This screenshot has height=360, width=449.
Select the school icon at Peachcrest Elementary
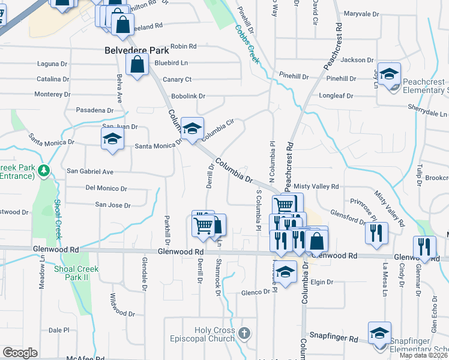[389, 75]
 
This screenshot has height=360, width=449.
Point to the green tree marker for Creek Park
[43, 171]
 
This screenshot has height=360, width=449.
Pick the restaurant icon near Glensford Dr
[376, 232]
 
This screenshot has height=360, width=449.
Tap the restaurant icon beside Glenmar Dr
[424, 247]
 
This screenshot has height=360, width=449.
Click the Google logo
[20, 352]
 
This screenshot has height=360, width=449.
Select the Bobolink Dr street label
[188, 96]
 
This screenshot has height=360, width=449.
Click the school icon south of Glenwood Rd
[286, 271]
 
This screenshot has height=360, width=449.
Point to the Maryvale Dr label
[362, 14]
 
